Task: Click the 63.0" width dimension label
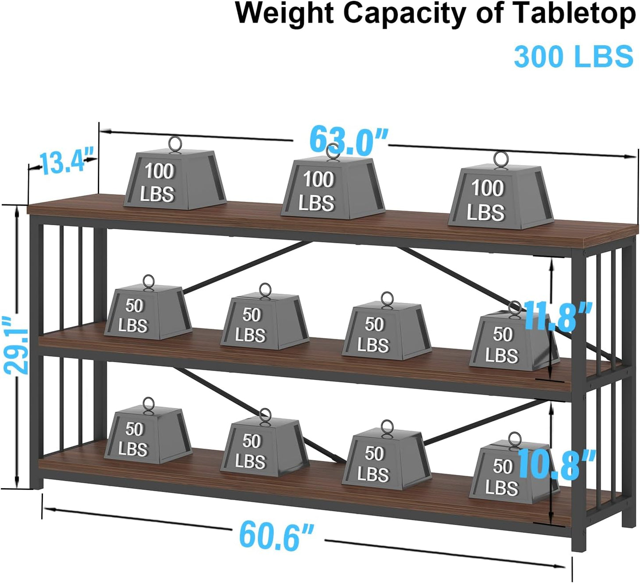click(x=349, y=141)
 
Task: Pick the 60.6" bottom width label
click(x=277, y=536)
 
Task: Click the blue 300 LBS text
click(x=573, y=56)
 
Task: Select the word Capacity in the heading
click(x=405, y=14)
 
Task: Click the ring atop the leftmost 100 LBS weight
click(x=175, y=144)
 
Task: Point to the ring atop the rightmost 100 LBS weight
click(x=501, y=160)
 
